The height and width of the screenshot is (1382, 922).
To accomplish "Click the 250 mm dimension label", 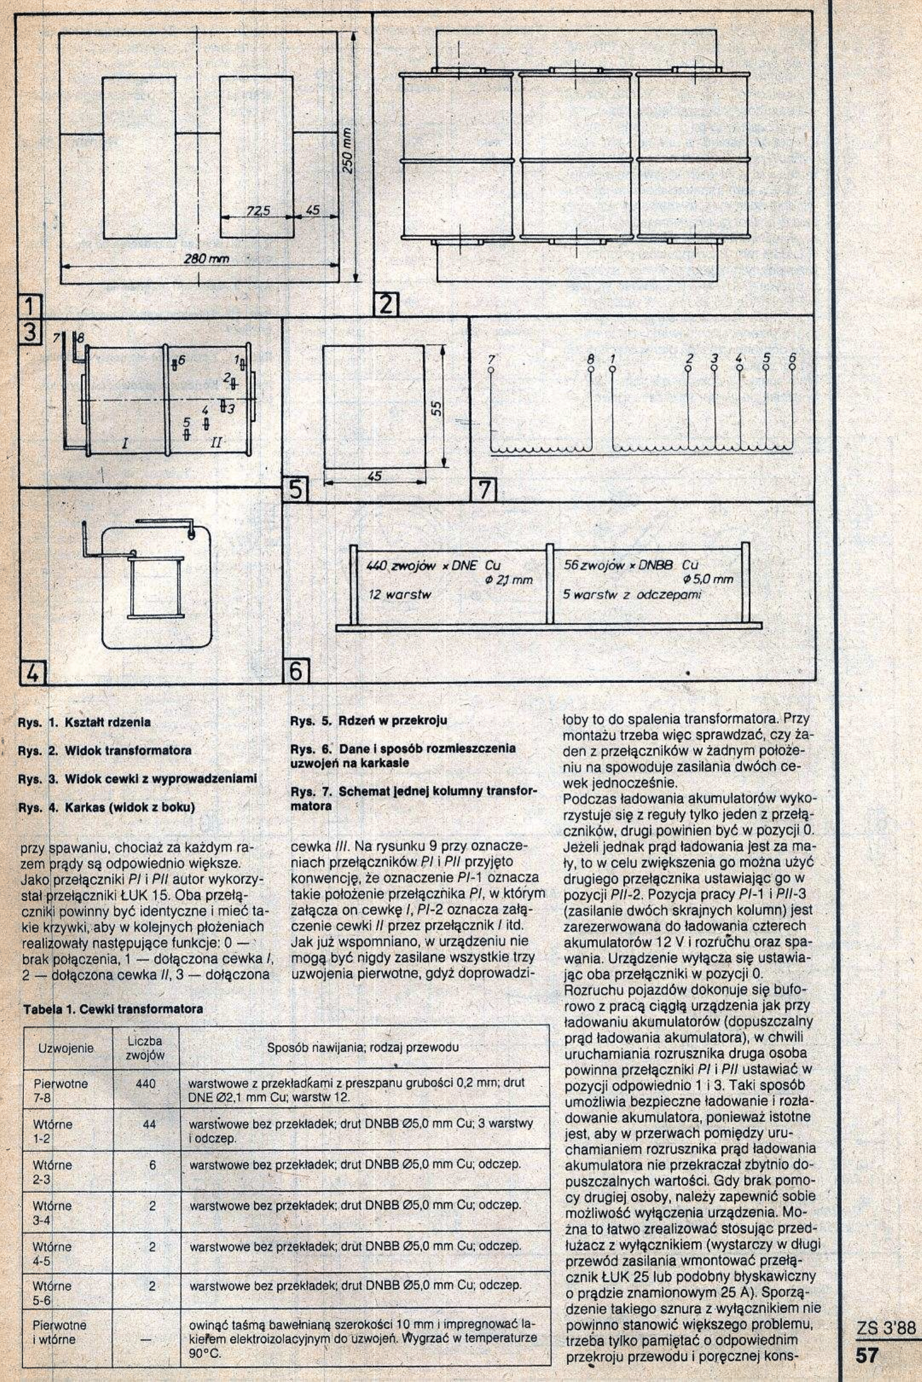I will tap(347, 154).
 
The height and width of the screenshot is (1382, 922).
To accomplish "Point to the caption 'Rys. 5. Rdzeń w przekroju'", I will tap(369, 721).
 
